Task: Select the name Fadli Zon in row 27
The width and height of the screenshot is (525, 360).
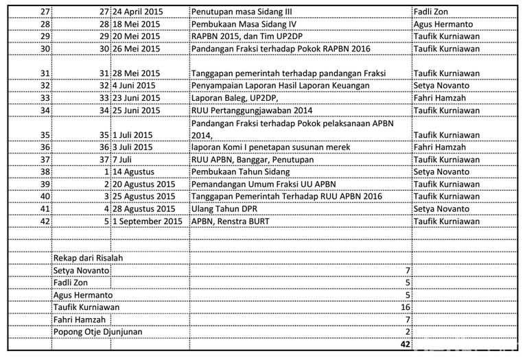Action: coord(433,12)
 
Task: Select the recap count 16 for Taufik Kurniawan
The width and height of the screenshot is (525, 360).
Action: coord(405,307)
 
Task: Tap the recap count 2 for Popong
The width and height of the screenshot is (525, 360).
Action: coord(408,332)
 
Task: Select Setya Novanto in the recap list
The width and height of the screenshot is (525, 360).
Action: coord(82,270)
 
